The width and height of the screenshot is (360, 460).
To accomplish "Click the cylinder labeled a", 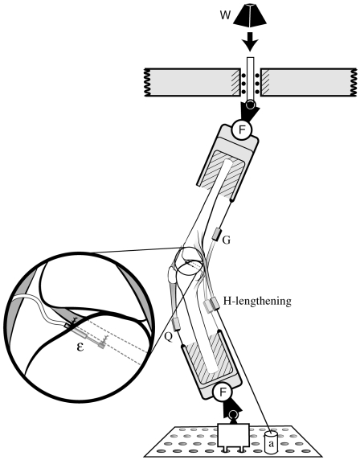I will click(x=273, y=441).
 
